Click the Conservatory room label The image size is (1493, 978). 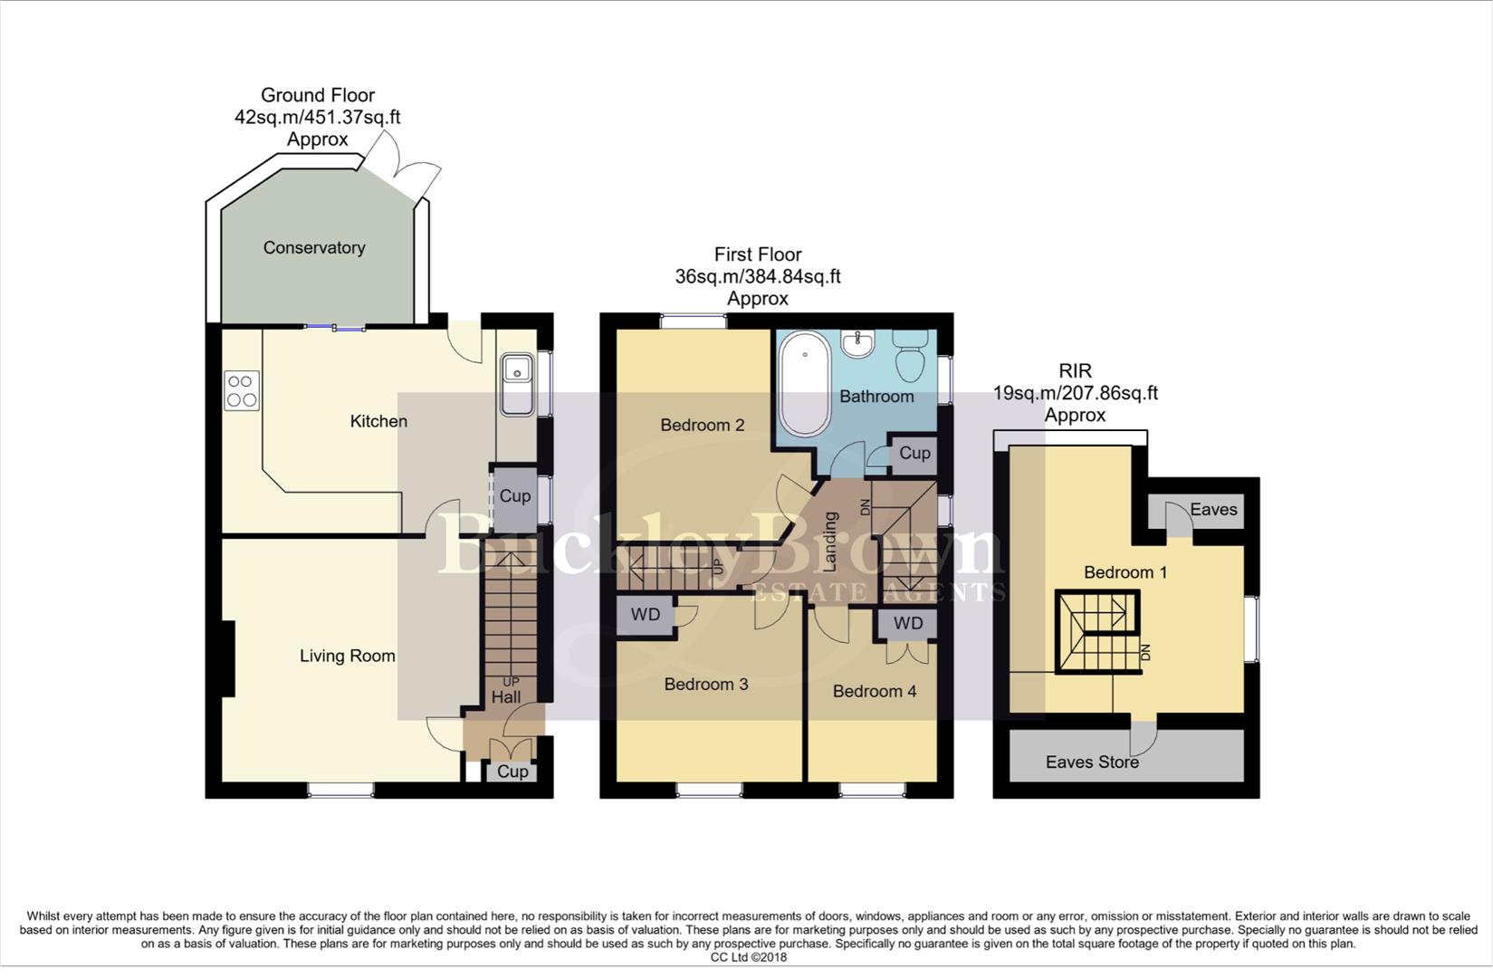(313, 248)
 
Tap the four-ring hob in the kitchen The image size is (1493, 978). (241, 390)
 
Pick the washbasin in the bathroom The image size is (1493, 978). (857, 343)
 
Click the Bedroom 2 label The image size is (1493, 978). (702, 425)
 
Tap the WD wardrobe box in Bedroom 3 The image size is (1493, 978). (646, 616)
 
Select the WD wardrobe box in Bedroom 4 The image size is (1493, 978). (908, 623)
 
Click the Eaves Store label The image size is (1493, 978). (1092, 762)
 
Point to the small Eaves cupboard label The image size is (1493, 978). (1213, 510)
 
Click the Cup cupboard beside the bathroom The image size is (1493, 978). (914, 454)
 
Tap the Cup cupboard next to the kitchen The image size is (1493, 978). (514, 496)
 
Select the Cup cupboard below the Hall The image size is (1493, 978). (512, 772)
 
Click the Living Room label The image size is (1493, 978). (348, 656)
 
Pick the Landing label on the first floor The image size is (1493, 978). (829, 542)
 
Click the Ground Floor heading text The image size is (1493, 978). (318, 95)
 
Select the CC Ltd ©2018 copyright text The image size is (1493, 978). (748, 957)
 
